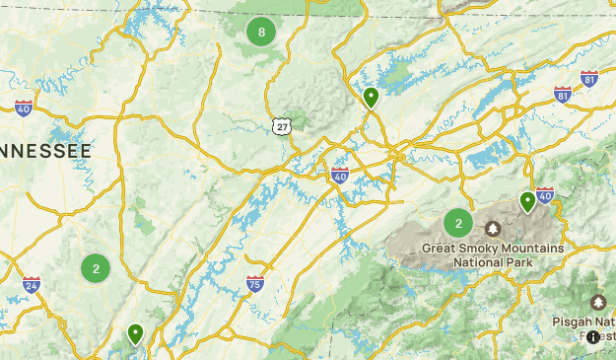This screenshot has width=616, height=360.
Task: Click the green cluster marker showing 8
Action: coord(261,33)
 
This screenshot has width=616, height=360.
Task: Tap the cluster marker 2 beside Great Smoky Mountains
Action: coord(458,223)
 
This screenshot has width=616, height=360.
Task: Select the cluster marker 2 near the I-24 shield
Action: coord(96,267)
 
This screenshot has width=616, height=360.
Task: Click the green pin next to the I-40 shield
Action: coord(527,201)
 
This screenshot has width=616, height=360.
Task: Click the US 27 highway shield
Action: coord(283,127)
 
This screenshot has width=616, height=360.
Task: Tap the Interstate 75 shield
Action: coord(255,284)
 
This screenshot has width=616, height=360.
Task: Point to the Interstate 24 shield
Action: coord(32,284)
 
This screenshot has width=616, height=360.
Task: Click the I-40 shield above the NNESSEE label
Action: coord(24,108)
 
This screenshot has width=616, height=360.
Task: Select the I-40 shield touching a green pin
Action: coord(545,196)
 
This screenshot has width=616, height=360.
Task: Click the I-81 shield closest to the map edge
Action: coord(589,79)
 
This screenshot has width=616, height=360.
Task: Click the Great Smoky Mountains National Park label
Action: coord(493,255)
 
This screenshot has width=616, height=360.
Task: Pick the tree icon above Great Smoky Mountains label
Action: coord(493,229)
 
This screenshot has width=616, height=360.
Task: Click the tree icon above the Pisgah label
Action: coord(597,302)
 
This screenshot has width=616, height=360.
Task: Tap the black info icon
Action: coord(592,337)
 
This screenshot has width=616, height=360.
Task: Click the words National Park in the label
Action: coord(493,263)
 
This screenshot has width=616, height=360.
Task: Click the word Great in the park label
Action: coord(441,249)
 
